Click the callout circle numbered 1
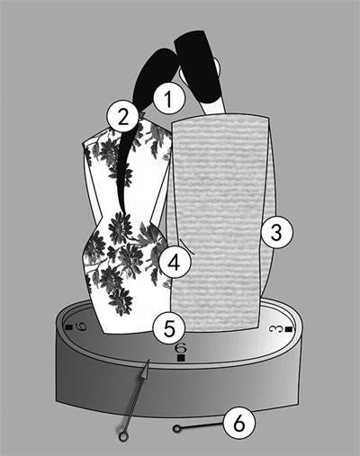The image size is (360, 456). tap(168, 99)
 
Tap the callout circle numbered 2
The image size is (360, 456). tap(122, 117)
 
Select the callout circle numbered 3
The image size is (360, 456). tap(276, 232)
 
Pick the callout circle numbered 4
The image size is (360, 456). tap(175, 263)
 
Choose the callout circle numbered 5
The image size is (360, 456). tap(168, 328)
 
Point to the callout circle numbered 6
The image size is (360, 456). tap(238, 425)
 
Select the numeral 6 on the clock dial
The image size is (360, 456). tap(181, 348)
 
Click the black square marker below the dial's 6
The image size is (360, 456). tap(181, 358)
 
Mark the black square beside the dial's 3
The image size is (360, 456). tap(289, 330)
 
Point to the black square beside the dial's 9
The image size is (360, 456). tap(68, 327)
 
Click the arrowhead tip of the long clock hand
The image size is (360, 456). tap(148, 361)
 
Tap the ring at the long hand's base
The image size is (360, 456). tap(122, 436)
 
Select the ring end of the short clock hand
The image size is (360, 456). tap(177, 429)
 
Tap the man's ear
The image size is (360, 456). tap(219, 67)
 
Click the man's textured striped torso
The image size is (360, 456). tap(219, 222)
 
